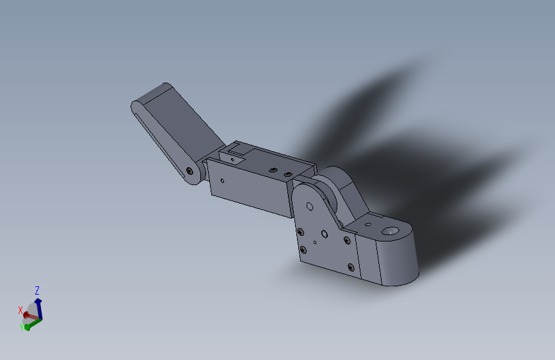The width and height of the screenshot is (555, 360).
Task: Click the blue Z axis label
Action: [37, 290]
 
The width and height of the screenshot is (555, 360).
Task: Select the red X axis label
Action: [20, 309]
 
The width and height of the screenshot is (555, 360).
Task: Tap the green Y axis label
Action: [22, 327]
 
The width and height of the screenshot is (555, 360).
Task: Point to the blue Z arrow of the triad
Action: [38, 304]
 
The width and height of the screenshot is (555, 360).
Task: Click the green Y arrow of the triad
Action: [33, 322]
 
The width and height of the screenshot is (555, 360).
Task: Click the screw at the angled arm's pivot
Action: [189, 171]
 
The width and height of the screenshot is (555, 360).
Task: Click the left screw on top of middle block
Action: [273, 169]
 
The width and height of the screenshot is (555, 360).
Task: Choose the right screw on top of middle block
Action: [288, 174]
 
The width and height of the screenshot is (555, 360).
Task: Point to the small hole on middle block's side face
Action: [222, 181]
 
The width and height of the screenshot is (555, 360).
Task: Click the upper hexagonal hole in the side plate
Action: [309, 206]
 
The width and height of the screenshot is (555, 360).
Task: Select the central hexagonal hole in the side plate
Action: [325, 234]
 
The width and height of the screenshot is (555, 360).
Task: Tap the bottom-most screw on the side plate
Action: [351, 266]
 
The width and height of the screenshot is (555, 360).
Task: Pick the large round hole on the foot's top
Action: [389, 229]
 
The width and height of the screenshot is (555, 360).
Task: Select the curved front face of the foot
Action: [400, 263]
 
